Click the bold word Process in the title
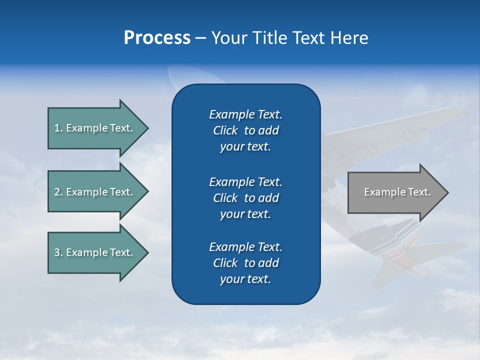[x=157, y=38]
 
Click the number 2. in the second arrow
[x=58, y=192]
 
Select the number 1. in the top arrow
[x=58, y=128]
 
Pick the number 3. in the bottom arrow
[x=58, y=252]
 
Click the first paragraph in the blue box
[x=245, y=130]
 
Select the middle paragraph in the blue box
[x=245, y=197]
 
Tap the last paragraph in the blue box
[x=245, y=263]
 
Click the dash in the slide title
[x=200, y=38]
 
